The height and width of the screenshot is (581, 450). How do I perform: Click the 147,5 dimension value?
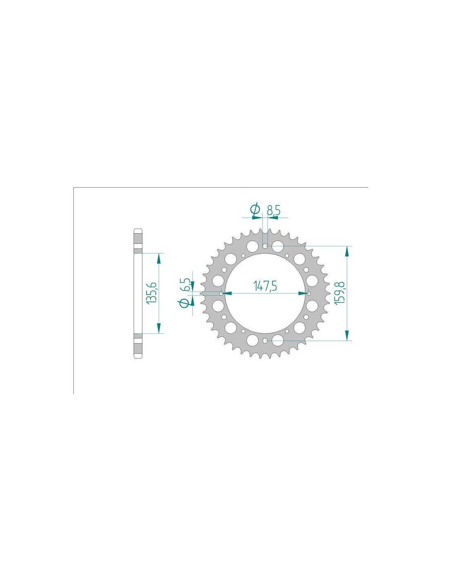265,286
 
